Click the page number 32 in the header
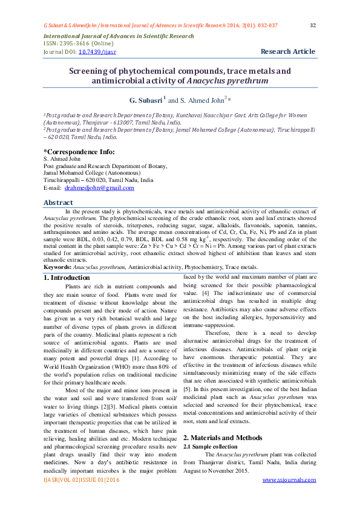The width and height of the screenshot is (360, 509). (313, 25)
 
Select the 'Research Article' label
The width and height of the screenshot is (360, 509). (288, 52)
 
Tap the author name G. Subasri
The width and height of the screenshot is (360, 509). (146, 99)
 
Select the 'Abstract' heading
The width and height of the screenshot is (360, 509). (59, 203)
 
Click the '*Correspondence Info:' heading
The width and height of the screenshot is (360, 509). (79, 151)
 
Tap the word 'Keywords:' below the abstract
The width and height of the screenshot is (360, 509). (57, 267)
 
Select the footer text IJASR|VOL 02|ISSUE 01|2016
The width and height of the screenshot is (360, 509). (81, 496)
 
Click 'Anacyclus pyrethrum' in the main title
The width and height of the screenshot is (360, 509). (227, 80)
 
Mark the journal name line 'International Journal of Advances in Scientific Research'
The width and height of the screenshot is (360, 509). (119, 36)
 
